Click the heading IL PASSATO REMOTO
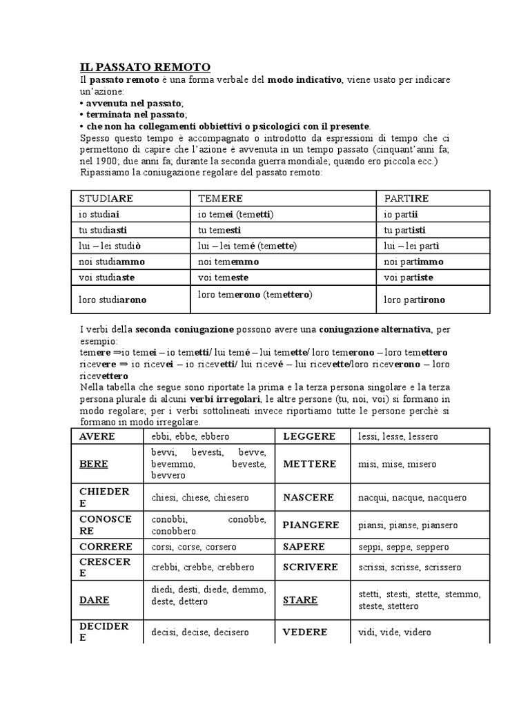pyautogui.click(x=145, y=67)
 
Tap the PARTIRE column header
pyautogui.click(x=406, y=198)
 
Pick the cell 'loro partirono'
pyautogui.click(x=415, y=300)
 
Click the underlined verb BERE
pyautogui.click(x=94, y=464)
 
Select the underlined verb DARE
pyautogui.click(x=95, y=600)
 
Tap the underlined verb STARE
pyautogui.click(x=300, y=600)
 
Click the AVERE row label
pyautogui.click(x=97, y=436)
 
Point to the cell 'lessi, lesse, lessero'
pyautogui.click(x=398, y=436)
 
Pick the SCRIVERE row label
pyautogui.click(x=311, y=567)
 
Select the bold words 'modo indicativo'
pyautogui.click(x=304, y=80)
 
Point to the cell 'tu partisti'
pyautogui.click(x=405, y=230)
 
